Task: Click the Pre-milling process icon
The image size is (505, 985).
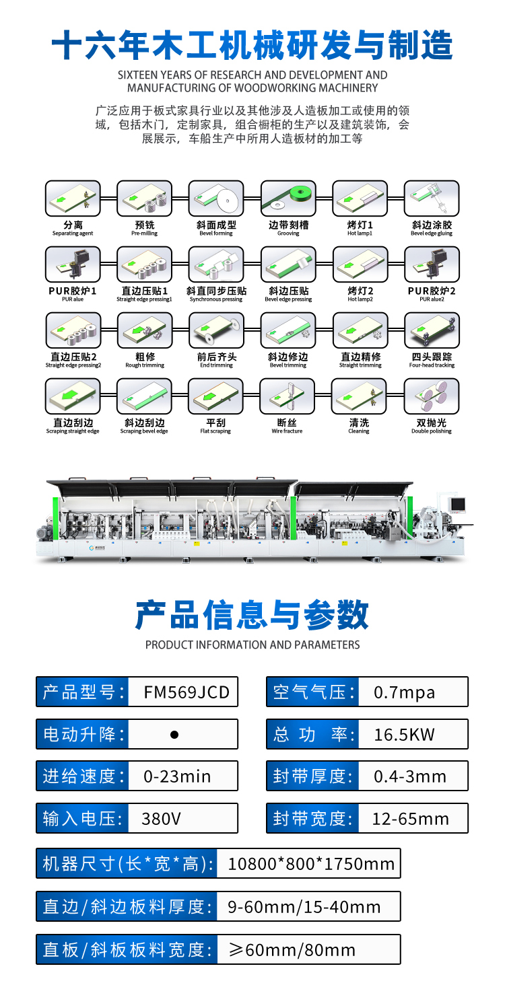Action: pyautogui.click(x=144, y=198)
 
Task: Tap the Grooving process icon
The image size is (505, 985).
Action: pyautogui.click(x=288, y=198)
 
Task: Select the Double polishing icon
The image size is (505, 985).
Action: pyautogui.click(x=432, y=396)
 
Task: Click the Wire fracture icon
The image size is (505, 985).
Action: pyautogui.click(x=288, y=396)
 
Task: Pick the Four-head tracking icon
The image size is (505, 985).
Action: pyautogui.click(x=432, y=330)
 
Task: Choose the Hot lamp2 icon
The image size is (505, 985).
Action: pyautogui.click(x=360, y=264)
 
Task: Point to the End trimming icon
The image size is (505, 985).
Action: pyautogui.click(x=216, y=330)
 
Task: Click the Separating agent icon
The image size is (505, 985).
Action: pyautogui.click(x=73, y=198)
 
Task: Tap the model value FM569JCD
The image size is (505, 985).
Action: pyautogui.click(x=187, y=692)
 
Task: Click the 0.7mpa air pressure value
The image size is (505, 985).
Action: pyautogui.click(x=404, y=692)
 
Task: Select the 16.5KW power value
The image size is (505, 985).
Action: pyautogui.click(x=405, y=734)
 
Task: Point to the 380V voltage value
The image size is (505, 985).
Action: pyautogui.click(x=162, y=819)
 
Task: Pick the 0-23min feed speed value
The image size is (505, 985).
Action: pyautogui.click(x=177, y=776)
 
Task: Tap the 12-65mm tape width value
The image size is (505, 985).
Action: pyautogui.click(x=411, y=819)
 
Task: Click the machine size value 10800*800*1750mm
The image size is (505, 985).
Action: pyautogui.click(x=311, y=864)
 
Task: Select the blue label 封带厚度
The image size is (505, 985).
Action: pyautogui.click(x=312, y=776)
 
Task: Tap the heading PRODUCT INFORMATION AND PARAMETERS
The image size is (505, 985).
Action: pyautogui.click(x=252, y=645)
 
